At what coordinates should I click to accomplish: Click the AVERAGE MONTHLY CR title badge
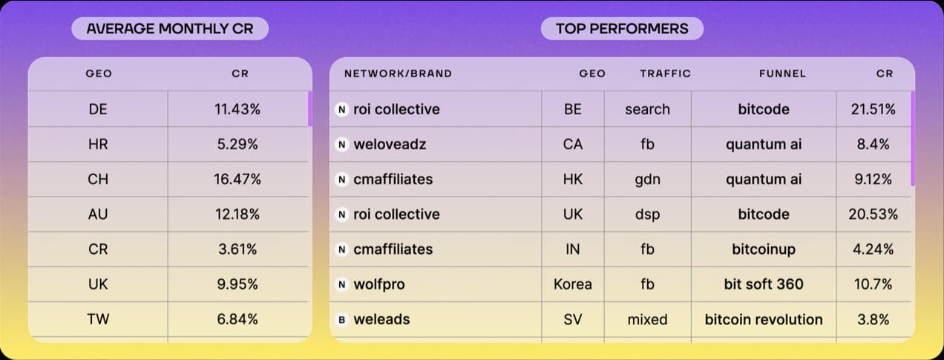click(x=170, y=29)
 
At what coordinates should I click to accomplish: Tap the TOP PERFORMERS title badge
click(x=622, y=29)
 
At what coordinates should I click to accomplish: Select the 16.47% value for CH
click(x=237, y=179)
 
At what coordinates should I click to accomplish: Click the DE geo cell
click(x=98, y=109)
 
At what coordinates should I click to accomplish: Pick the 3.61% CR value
click(x=237, y=249)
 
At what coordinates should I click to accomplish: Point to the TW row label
click(x=98, y=319)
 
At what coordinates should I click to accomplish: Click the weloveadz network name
click(x=390, y=144)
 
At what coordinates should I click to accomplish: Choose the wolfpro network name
click(x=379, y=284)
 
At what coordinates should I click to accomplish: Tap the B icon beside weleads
click(x=342, y=320)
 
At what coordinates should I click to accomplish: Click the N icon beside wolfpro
click(x=342, y=285)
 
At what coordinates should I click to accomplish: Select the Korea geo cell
click(x=573, y=284)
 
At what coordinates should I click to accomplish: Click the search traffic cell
click(x=647, y=109)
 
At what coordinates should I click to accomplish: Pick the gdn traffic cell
click(x=647, y=180)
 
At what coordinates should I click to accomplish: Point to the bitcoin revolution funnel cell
click(x=764, y=319)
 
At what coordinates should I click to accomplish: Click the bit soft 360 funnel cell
click(x=764, y=284)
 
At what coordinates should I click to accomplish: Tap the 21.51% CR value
click(x=873, y=109)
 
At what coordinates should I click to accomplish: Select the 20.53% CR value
click(x=873, y=215)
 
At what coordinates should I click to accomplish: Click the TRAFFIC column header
click(x=666, y=73)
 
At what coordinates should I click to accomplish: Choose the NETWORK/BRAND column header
click(x=398, y=73)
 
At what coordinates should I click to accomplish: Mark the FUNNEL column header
click(x=783, y=73)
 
